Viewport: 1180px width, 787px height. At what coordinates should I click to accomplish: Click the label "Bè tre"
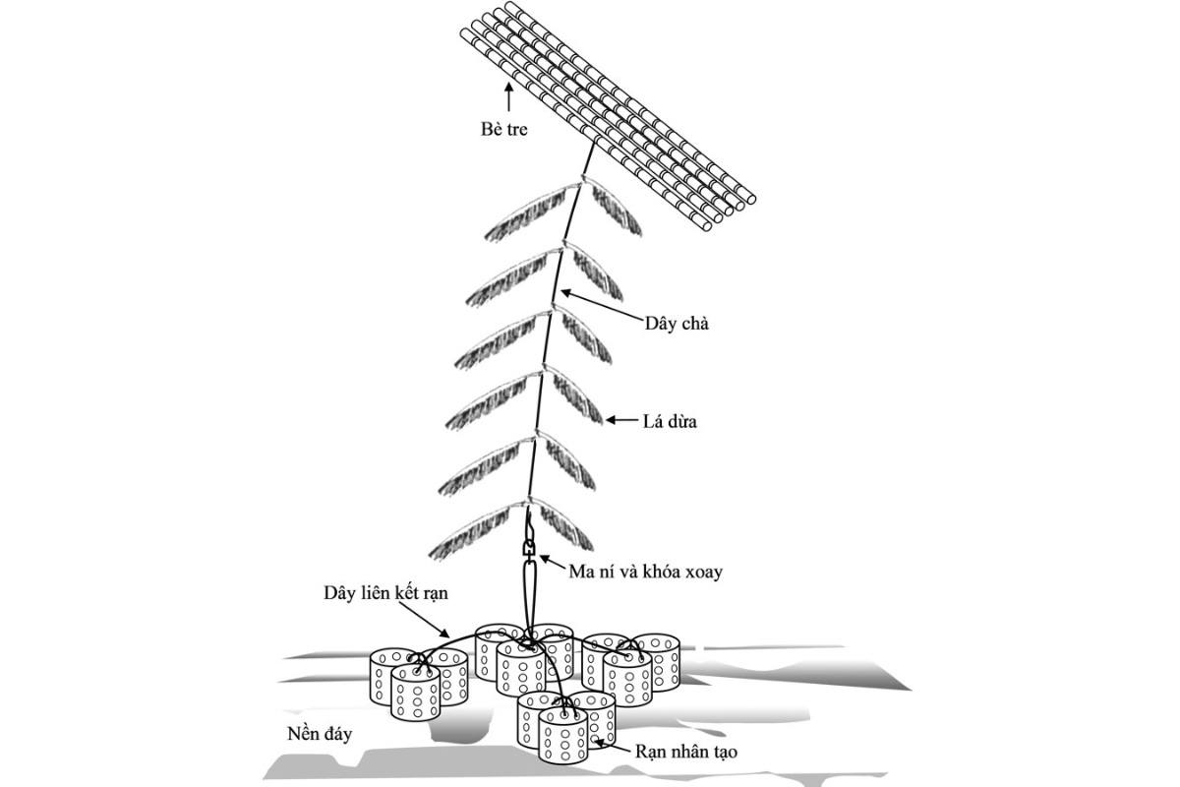tap(503, 129)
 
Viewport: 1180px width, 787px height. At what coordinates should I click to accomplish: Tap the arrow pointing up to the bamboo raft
tap(508, 99)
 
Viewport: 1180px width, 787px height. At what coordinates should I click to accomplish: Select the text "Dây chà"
tap(677, 323)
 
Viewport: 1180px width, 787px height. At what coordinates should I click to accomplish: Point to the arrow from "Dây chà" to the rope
tap(602, 304)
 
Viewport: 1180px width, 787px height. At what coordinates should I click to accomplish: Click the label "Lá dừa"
tap(670, 422)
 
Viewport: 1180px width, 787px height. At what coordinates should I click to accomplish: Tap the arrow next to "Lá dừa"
tap(621, 420)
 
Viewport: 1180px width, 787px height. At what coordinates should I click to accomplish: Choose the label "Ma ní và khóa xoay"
tap(645, 572)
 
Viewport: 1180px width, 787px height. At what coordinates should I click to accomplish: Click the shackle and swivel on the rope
tap(529, 549)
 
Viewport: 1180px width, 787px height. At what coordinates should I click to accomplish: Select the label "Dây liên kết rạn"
tap(385, 593)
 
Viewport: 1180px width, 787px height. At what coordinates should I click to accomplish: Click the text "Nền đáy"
tap(320, 734)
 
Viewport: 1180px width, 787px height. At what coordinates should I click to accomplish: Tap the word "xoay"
tap(703, 573)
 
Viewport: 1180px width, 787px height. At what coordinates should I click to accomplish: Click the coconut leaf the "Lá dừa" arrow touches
tap(574, 398)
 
